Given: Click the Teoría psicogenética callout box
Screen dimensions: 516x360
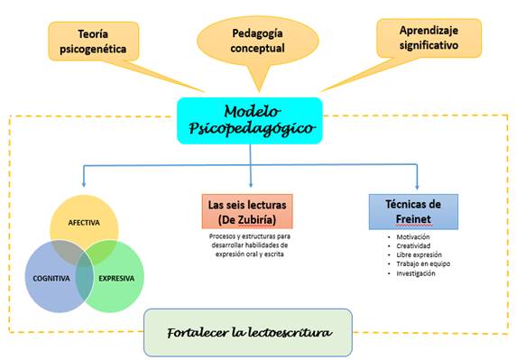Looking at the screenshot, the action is point(94,42).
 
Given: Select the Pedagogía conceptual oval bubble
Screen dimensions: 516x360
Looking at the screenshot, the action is point(258,41).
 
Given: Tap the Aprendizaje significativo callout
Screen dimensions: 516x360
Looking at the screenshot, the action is point(429,38).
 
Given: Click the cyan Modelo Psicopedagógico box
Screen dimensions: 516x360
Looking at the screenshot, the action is point(250,121).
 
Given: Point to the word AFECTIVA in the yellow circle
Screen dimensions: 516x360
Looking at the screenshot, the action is point(84,223).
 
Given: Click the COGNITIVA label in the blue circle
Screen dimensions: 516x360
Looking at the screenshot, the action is point(51,279).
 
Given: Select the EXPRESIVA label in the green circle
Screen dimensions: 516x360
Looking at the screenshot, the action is point(116,279).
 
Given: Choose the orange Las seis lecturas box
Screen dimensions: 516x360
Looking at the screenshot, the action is point(247,211).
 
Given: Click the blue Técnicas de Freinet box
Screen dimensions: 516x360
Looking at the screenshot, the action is point(413,212).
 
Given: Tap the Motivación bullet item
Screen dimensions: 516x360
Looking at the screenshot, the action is point(413,237).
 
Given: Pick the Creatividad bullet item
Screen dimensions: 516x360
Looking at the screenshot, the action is point(413,245).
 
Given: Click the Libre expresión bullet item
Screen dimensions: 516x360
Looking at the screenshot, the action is point(419,255).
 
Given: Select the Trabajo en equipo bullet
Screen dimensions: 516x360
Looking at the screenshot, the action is point(423,264).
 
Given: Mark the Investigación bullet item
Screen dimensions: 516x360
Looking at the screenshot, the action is point(416,273).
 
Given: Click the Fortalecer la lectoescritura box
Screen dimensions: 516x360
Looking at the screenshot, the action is point(248,332).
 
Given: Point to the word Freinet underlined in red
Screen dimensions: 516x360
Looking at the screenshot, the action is point(413,219).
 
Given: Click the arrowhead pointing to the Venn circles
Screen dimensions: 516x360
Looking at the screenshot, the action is point(84,184).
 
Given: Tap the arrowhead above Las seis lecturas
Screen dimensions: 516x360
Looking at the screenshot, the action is point(251,184).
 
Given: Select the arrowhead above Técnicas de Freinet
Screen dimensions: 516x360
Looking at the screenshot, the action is point(417,186).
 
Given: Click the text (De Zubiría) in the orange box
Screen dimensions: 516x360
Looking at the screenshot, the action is point(247,219).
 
